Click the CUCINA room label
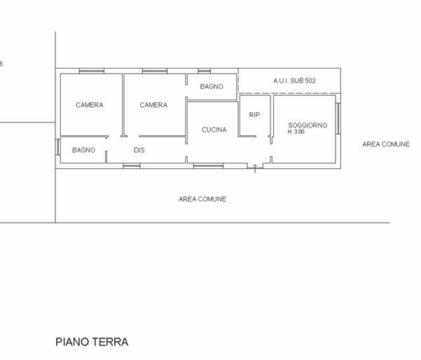pos(214,130)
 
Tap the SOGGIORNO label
pos(308,125)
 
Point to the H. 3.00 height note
pos(296,132)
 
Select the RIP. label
pos(256,115)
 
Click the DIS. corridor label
pos(139,150)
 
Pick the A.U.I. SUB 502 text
pos(294,81)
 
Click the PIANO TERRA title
pos(92,342)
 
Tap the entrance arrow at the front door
pos(255,169)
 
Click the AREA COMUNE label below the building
pos(202,199)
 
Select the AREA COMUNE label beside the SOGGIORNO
pos(386,144)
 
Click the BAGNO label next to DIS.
pos(84,150)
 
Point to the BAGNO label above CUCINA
pos(212,87)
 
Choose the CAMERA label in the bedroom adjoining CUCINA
pos(153,105)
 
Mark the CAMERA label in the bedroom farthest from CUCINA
pos(90,105)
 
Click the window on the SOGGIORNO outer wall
pos(338,118)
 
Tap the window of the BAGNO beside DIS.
pos(57,147)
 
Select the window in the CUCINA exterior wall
pos(208,166)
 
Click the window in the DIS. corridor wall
pos(132,166)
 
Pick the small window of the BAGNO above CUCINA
pos(205,71)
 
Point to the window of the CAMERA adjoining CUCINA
pos(155,71)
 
